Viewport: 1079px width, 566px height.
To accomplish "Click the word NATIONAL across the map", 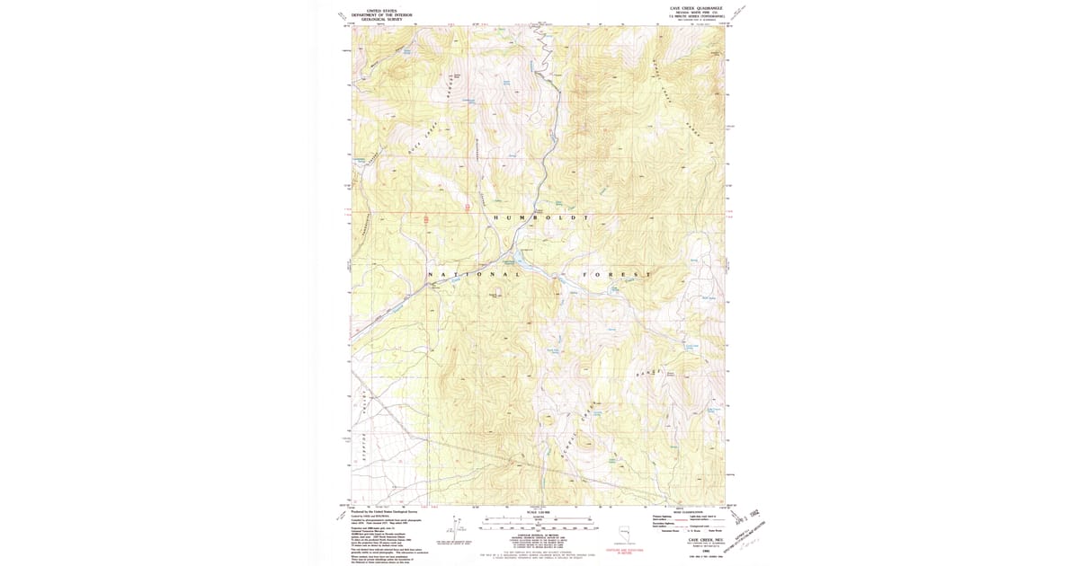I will pos(474,273).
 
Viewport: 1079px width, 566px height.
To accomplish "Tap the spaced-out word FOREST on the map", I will pos(617,273).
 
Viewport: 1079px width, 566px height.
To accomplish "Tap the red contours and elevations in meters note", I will pos(623,550).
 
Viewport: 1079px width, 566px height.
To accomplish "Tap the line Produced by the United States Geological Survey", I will pos(392,510).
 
